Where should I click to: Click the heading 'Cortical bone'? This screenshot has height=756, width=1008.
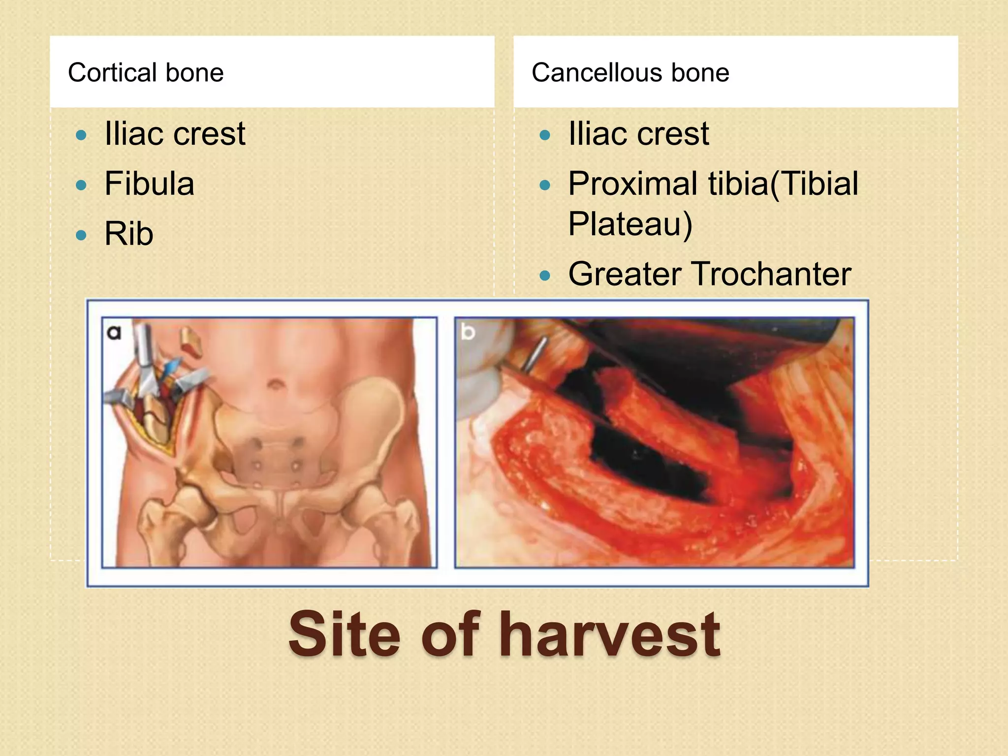coord(146,73)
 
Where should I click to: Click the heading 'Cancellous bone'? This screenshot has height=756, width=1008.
coord(630,73)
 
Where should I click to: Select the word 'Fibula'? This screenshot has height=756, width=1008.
coord(149,184)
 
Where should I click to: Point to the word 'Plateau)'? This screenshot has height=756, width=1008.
coord(630,224)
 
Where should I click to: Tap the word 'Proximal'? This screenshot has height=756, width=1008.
coord(633,184)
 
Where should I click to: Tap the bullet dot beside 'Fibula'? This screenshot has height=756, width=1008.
coord(81,185)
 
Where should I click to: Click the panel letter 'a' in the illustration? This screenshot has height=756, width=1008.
coord(114,333)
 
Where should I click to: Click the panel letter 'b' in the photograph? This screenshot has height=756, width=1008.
coord(468,332)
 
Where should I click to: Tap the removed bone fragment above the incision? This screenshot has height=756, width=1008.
coord(191,342)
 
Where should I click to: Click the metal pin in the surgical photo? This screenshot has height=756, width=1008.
coord(534,354)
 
